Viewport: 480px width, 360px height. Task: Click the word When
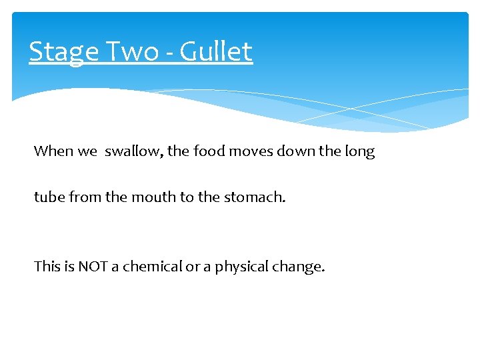(x=55, y=151)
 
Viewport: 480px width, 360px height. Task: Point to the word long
(x=360, y=152)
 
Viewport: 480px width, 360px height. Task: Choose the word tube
(x=47, y=197)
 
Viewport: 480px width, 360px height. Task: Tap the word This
(x=47, y=267)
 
